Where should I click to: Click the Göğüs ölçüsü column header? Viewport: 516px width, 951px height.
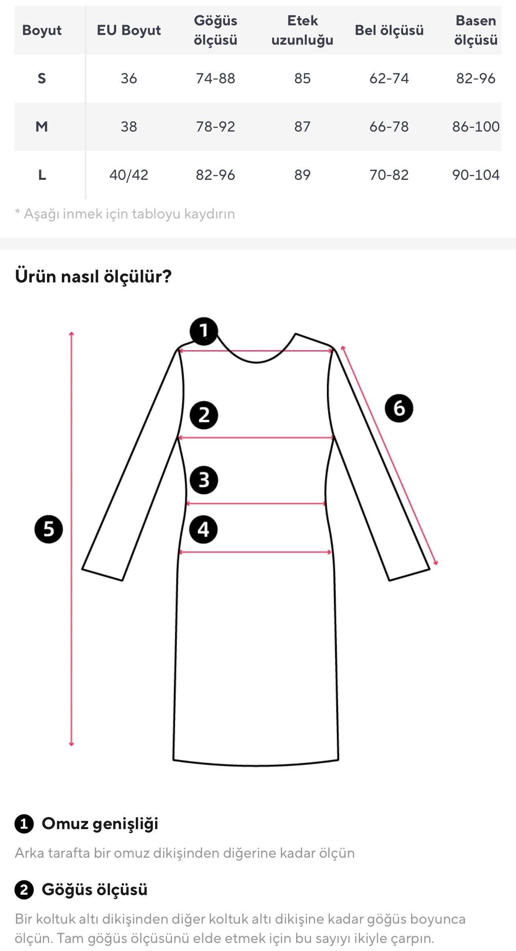pos(215,30)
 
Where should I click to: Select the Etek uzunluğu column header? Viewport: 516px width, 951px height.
pos(302,30)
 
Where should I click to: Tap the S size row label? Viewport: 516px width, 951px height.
pos(42,78)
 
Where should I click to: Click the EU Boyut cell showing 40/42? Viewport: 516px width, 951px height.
pos(129,175)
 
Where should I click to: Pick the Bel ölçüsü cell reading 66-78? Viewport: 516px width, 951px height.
pos(389,127)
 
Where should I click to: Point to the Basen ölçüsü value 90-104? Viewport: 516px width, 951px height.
pos(475,175)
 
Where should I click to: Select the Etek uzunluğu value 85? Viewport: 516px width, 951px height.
pos(302,78)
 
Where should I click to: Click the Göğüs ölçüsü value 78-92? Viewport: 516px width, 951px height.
pos(215,127)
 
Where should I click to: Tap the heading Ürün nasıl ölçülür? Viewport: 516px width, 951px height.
pos(93,276)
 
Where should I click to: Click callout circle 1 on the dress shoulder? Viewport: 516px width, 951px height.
pos(204,331)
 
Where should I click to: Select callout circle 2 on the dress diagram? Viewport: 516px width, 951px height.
pos(204,415)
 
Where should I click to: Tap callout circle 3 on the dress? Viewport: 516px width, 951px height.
pos(204,480)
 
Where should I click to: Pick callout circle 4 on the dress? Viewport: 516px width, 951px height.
pos(203,529)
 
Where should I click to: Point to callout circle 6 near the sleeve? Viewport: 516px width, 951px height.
pos(399,408)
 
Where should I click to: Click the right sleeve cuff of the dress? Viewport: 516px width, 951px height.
pos(409,575)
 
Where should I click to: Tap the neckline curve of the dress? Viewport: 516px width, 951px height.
pos(256,362)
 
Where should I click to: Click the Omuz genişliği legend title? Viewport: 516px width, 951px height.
pos(100,823)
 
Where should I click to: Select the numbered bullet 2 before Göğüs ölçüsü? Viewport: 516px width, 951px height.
pos(24,889)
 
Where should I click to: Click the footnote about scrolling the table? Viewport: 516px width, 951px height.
pos(125,214)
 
